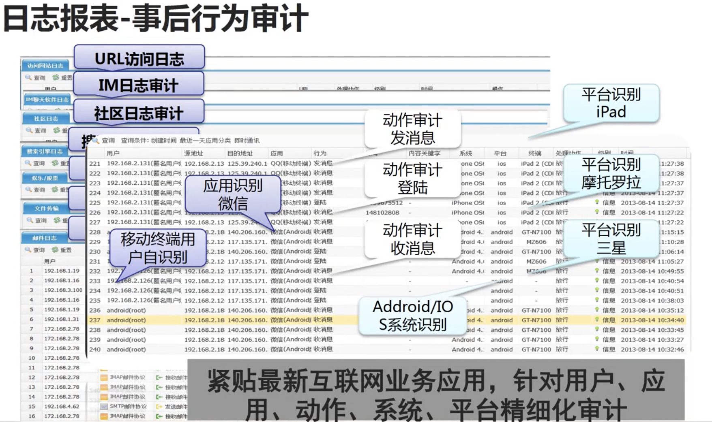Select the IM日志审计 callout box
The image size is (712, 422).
pos(139,85)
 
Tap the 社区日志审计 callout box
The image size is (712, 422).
pos(139,113)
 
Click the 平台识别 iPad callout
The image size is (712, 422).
pos(611,103)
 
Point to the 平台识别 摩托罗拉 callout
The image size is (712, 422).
pos(611,173)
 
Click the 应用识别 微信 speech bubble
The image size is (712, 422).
pos(233,194)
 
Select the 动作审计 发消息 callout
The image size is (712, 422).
pos(412,129)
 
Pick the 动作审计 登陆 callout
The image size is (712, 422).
pos(412,178)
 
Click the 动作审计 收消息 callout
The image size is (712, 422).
pos(412,239)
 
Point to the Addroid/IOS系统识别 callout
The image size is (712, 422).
pos(412,315)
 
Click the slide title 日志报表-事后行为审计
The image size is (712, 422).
pos(156,19)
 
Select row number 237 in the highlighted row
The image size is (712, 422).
pos(95,320)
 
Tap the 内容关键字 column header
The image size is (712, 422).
pos(424,153)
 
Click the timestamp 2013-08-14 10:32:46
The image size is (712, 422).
pos(652,349)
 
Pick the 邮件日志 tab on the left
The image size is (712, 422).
pos(45,238)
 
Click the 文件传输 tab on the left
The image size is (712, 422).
pos(46,208)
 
